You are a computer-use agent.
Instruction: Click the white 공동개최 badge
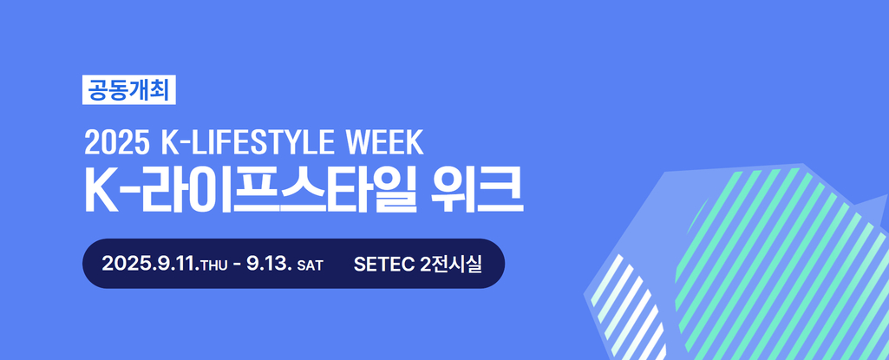coord(129,89)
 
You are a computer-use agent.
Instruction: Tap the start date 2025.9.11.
coord(150,264)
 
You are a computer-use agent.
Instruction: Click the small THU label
coord(213,265)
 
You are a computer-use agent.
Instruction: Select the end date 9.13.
coord(270,264)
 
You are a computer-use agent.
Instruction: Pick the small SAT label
coord(310,265)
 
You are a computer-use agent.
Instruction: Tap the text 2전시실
coord(451,264)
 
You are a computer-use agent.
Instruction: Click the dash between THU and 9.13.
coord(237,265)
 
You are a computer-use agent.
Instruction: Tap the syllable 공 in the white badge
coord(97,89)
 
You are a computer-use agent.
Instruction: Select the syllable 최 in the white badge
coord(160,89)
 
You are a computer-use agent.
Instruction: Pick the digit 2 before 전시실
coord(425,264)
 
